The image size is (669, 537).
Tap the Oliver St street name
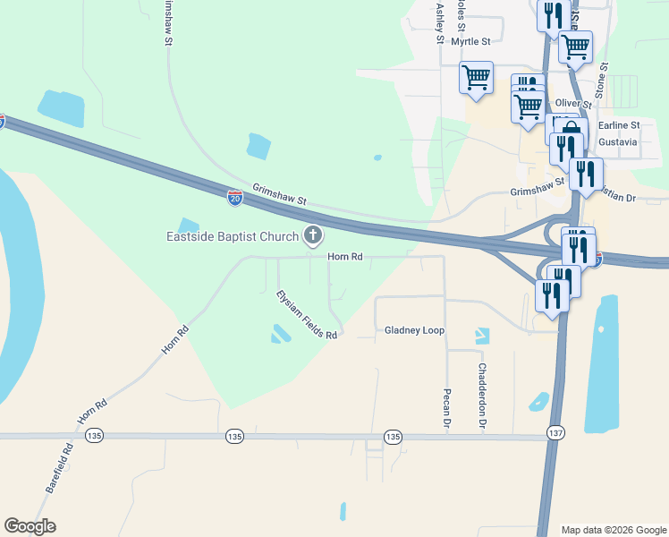(573, 105)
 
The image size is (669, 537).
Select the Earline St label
(619, 125)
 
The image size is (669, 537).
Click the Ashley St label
(439, 23)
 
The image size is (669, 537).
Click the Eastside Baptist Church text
(233, 237)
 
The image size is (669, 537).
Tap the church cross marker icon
(312, 236)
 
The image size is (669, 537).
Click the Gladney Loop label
(414, 330)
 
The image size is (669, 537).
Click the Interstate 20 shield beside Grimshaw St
(234, 198)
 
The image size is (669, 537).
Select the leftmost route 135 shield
(94, 436)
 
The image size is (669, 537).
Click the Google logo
(30, 526)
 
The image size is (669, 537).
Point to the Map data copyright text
(613, 530)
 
